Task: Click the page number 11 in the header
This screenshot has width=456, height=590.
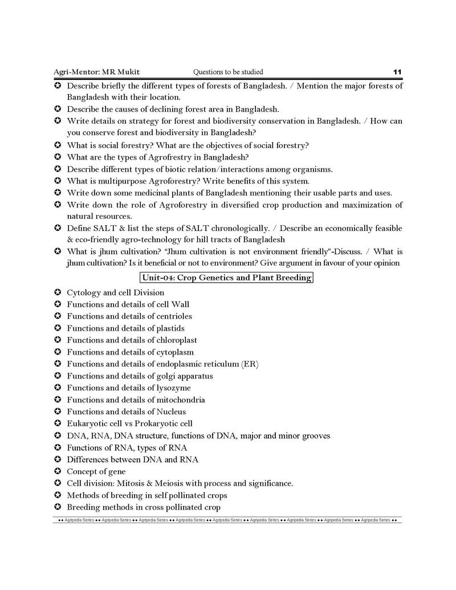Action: point(397,72)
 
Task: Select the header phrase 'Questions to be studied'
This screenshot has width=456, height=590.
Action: point(228,72)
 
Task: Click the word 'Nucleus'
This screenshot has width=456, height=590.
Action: point(170,412)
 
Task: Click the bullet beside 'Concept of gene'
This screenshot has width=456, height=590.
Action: point(58,471)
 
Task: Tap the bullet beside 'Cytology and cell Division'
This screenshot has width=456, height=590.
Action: point(58,292)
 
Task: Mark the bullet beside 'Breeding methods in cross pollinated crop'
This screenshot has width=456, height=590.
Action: point(58,507)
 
